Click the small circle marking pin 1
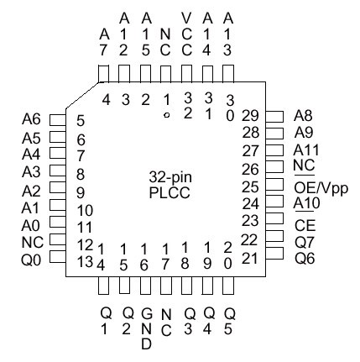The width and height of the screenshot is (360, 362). (x=167, y=115)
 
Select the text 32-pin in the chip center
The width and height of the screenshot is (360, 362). (x=170, y=177)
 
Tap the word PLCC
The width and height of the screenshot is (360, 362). (x=170, y=193)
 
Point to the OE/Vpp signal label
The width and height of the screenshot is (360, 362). (x=321, y=188)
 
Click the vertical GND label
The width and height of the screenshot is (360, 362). (x=146, y=328)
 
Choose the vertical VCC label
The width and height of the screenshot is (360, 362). (x=186, y=34)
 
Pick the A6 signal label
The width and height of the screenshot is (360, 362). (x=31, y=119)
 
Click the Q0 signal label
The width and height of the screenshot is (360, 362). (x=31, y=260)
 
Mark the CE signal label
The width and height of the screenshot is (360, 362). (x=305, y=226)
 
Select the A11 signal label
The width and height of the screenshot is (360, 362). (x=306, y=150)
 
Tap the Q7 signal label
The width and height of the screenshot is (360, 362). (x=305, y=243)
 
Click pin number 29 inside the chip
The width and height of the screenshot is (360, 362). (x=250, y=116)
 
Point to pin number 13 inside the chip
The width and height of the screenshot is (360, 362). (x=85, y=262)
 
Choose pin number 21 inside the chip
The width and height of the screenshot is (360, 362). (x=249, y=259)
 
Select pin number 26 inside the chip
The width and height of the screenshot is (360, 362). (x=250, y=170)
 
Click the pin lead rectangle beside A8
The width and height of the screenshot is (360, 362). (x=274, y=117)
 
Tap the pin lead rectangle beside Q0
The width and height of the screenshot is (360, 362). (x=58, y=257)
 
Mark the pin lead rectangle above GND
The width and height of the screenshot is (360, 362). (x=145, y=286)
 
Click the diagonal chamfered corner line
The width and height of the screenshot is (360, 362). (x=82, y=96)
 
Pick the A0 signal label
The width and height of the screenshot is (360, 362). (x=31, y=226)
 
